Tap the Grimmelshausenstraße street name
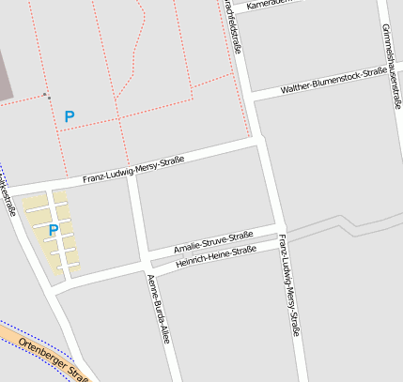395,57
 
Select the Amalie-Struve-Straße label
213,242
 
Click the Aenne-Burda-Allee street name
158,309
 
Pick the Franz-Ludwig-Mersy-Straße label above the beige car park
133,170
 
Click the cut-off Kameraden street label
273,4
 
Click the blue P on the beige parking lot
54,230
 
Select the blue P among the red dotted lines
69,116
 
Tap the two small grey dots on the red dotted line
47,95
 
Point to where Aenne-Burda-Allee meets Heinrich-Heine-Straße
147,269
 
